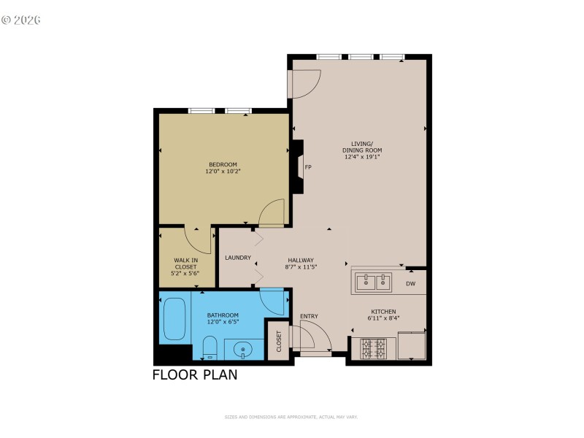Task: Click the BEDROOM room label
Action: (223, 164)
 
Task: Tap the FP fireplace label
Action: (308, 167)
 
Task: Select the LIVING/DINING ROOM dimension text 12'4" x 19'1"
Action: (361, 156)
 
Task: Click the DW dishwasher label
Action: (410, 284)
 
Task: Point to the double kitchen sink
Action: (372, 281)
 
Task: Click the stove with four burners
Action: (373, 347)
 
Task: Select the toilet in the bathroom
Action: (207, 347)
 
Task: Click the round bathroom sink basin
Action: (242, 351)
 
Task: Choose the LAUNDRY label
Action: (238, 258)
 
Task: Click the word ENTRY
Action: (309, 316)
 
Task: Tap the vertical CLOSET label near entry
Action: (278, 340)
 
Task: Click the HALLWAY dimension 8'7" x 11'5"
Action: (300, 267)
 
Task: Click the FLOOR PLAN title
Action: (194, 376)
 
